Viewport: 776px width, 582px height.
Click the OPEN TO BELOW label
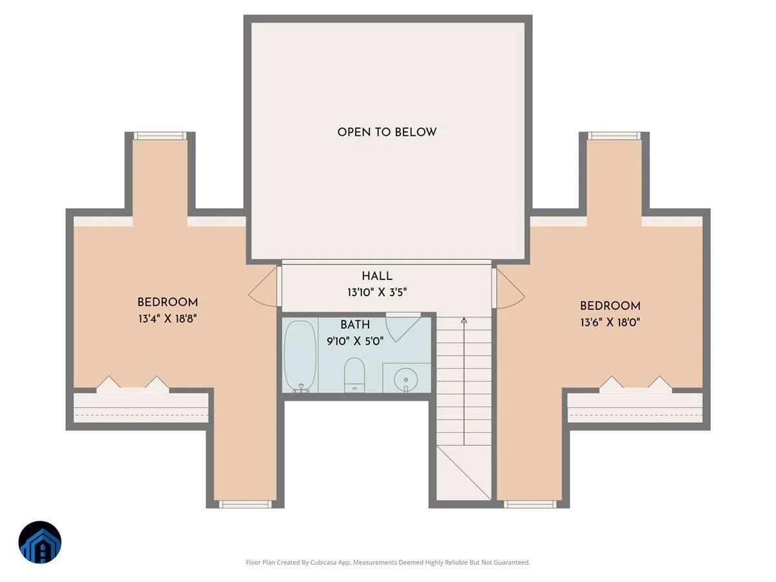(x=387, y=132)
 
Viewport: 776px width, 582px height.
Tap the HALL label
(x=377, y=276)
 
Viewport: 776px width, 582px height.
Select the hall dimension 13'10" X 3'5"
(x=377, y=292)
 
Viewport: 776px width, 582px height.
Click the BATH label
(x=355, y=325)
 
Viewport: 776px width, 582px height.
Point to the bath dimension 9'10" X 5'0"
(x=355, y=341)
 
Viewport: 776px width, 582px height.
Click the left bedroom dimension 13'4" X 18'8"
(x=167, y=319)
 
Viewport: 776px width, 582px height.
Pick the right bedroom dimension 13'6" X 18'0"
(x=610, y=322)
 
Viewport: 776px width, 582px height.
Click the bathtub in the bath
(x=300, y=356)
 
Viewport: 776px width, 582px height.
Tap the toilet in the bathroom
(x=354, y=375)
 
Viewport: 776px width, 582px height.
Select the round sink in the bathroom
(x=405, y=380)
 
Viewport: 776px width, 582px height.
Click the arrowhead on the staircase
(x=464, y=321)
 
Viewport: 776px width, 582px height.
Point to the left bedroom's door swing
(x=263, y=286)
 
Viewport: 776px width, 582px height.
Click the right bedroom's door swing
(x=511, y=288)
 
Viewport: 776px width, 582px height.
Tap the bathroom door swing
(x=404, y=327)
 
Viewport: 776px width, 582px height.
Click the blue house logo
(x=40, y=542)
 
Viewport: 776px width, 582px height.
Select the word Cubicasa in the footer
(x=323, y=562)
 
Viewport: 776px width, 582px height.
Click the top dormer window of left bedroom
(x=160, y=136)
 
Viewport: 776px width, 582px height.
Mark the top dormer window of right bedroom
(x=614, y=136)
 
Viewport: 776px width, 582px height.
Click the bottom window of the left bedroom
(x=245, y=504)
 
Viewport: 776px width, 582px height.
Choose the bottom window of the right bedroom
(x=530, y=504)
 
